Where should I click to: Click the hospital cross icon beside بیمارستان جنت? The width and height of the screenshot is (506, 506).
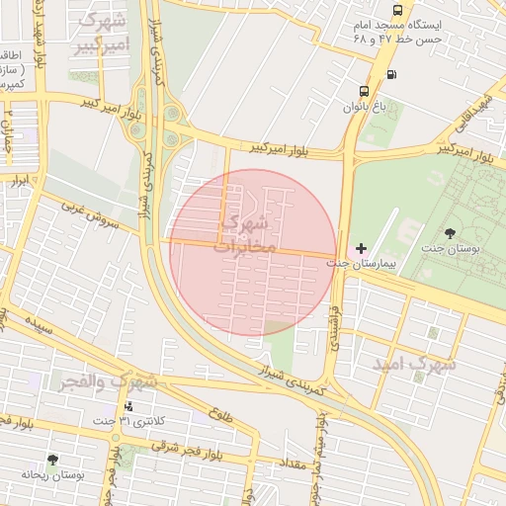click(361, 247)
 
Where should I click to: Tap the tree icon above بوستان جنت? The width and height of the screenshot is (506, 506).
click(451, 233)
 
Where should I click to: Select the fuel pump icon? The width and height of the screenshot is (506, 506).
click(392, 74)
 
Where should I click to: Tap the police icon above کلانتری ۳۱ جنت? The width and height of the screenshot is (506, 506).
click(127, 406)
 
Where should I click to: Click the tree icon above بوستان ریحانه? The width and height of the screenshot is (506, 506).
click(52, 460)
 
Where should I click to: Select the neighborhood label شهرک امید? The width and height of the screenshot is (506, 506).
click(414, 364)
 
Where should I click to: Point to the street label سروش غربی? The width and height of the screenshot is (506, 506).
click(90, 215)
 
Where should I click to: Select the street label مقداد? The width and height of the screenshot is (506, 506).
click(296, 462)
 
